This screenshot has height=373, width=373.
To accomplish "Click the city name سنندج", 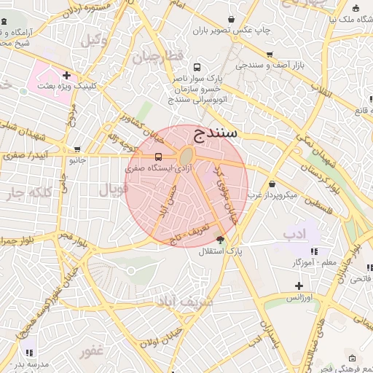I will coord(216,133).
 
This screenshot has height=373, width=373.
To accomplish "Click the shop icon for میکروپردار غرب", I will coord(272,184).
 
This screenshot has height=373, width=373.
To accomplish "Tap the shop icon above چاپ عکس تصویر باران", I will coord(232,19).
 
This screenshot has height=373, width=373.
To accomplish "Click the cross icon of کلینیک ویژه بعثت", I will coord(66,74).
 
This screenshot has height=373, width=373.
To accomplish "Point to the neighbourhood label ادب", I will coord(293,233).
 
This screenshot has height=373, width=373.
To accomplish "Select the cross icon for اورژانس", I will coord(298,286).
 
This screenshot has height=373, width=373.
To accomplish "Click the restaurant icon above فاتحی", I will coord(368,267).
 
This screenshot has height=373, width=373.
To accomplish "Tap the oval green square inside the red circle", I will coord(186,156).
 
